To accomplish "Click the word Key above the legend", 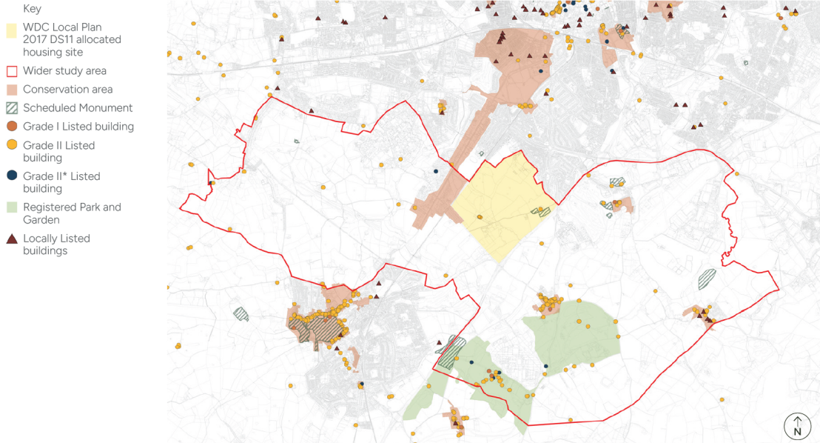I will (32, 9).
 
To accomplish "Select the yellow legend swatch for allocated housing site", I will (11, 30).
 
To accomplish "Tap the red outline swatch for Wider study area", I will (11, 71).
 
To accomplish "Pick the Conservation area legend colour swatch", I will (11, 89).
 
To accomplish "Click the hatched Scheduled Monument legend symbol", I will (11, 107).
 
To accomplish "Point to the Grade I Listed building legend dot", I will (11, 127).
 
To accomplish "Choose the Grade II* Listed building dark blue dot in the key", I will (11, 176).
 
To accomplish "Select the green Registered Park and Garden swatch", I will (11, 207).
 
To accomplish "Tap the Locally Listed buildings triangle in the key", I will (11, 239).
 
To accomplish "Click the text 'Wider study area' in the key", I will (64, 71).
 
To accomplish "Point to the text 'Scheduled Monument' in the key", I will (78, 108).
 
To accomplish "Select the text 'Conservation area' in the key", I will (67, 90).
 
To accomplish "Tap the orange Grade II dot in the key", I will (11, 145).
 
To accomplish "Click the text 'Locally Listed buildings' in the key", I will (56, 244).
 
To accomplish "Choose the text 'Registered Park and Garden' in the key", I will (72, 213).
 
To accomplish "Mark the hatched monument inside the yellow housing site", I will (541, 212).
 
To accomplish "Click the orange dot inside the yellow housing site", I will (480, 217).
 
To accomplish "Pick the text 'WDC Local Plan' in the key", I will (61, 27).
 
